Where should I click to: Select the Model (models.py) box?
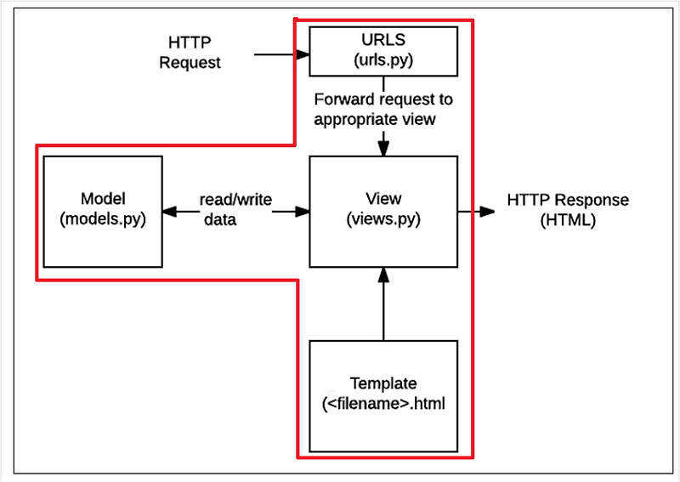[103, 208]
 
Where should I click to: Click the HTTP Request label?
[190, 52]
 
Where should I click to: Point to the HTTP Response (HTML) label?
[568, 210]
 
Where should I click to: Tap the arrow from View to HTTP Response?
[476, 210]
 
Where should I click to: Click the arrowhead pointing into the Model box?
[168, 211]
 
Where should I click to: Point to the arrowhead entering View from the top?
[383, 149]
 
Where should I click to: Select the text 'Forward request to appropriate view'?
[382, 109]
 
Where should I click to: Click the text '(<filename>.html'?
[384, 405]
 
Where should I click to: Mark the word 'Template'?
[383, 384]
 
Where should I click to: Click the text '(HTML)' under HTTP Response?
[568, 219]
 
